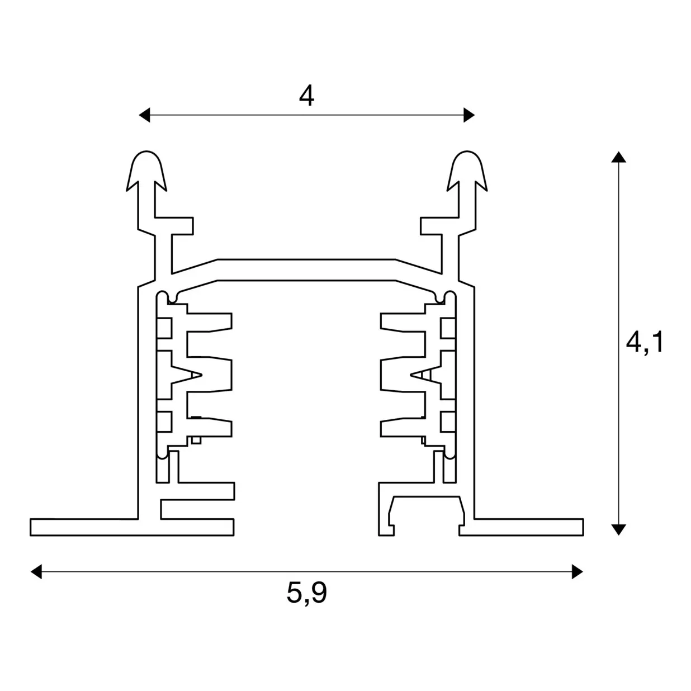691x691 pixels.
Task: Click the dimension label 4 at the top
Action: point(306,97)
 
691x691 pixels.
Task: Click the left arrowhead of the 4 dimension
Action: point(145,116)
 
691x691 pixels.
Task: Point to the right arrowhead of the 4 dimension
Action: point(469,116)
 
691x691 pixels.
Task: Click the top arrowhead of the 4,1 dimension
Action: point(618,157)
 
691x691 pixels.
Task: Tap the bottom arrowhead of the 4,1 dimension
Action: point(618,529)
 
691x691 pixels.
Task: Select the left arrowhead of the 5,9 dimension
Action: point(36,571)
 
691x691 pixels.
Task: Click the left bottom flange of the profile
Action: point(84,527)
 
